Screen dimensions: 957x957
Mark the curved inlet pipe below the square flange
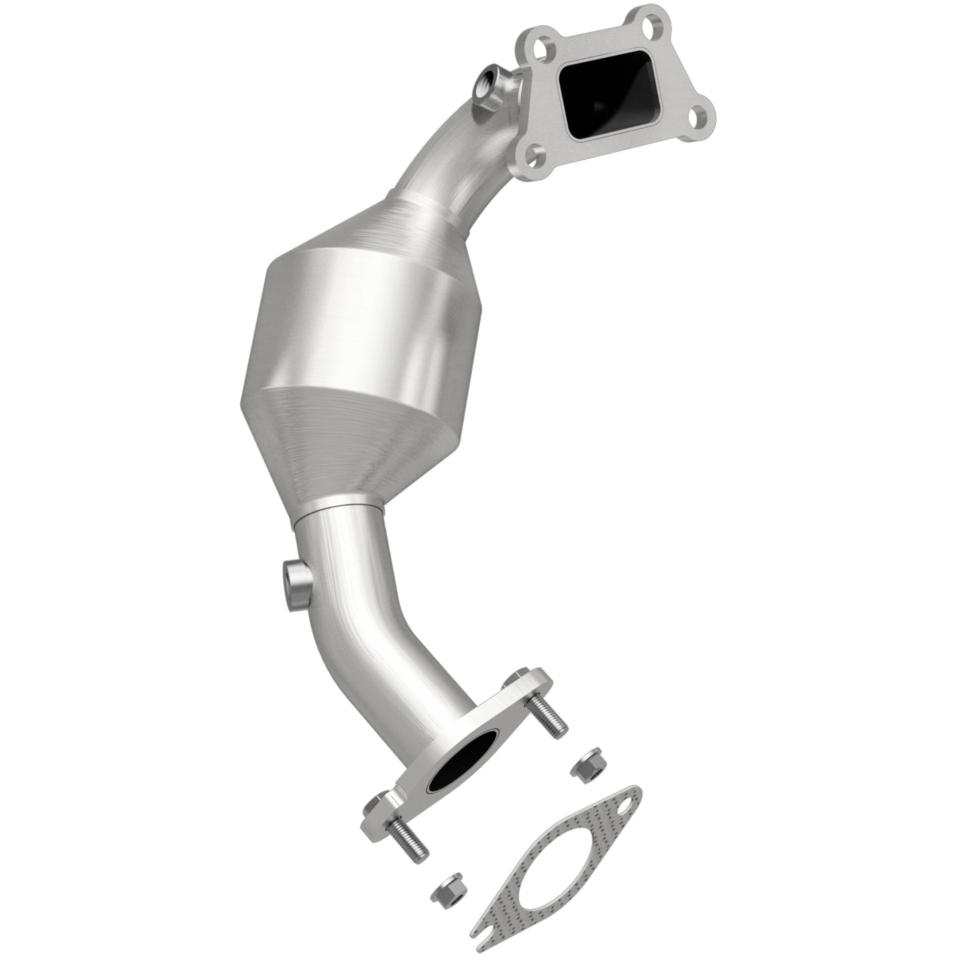pos(457,152)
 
